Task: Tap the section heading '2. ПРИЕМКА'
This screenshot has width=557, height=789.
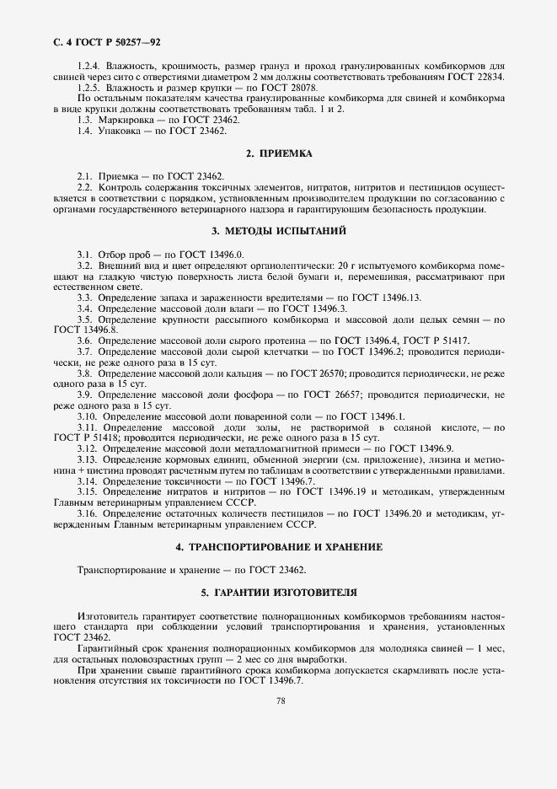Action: pyautogui.click(x=278, y=153)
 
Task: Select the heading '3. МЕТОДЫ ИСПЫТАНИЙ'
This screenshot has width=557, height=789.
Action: pyautogui.click(x=278, y=231)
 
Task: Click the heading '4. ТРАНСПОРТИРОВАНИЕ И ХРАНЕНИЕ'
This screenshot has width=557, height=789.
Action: pyautogui.click(x=278, y=547)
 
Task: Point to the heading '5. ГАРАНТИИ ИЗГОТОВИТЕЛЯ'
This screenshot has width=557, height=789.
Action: pyautogui.click(x=278, y=593)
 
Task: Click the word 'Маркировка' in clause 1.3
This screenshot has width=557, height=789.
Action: pyautogui.click(x=125, y=121)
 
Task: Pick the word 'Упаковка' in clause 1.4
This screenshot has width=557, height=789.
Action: pyautogui.click(x=118, y=131)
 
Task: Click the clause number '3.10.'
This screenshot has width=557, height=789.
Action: pyautogui.click(x=88, y=416)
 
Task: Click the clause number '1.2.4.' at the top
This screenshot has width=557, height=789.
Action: pyautogui.click(x=88, y=66)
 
